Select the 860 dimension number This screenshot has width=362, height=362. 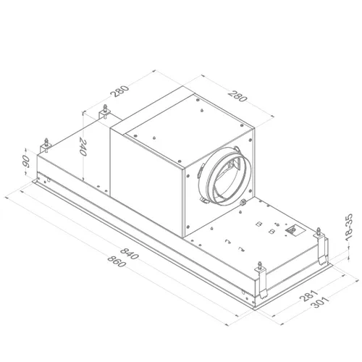[117, 261]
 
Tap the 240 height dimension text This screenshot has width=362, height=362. [83, 147]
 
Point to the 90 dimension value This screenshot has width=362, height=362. [25, 161]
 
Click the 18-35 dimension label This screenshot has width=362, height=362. [349, 227]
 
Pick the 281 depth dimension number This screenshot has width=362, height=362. [308, 295]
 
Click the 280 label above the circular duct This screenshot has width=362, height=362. [237, 96]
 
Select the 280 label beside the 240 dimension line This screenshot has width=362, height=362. [120, 91]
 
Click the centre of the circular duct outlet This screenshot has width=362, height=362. [226, 176]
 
